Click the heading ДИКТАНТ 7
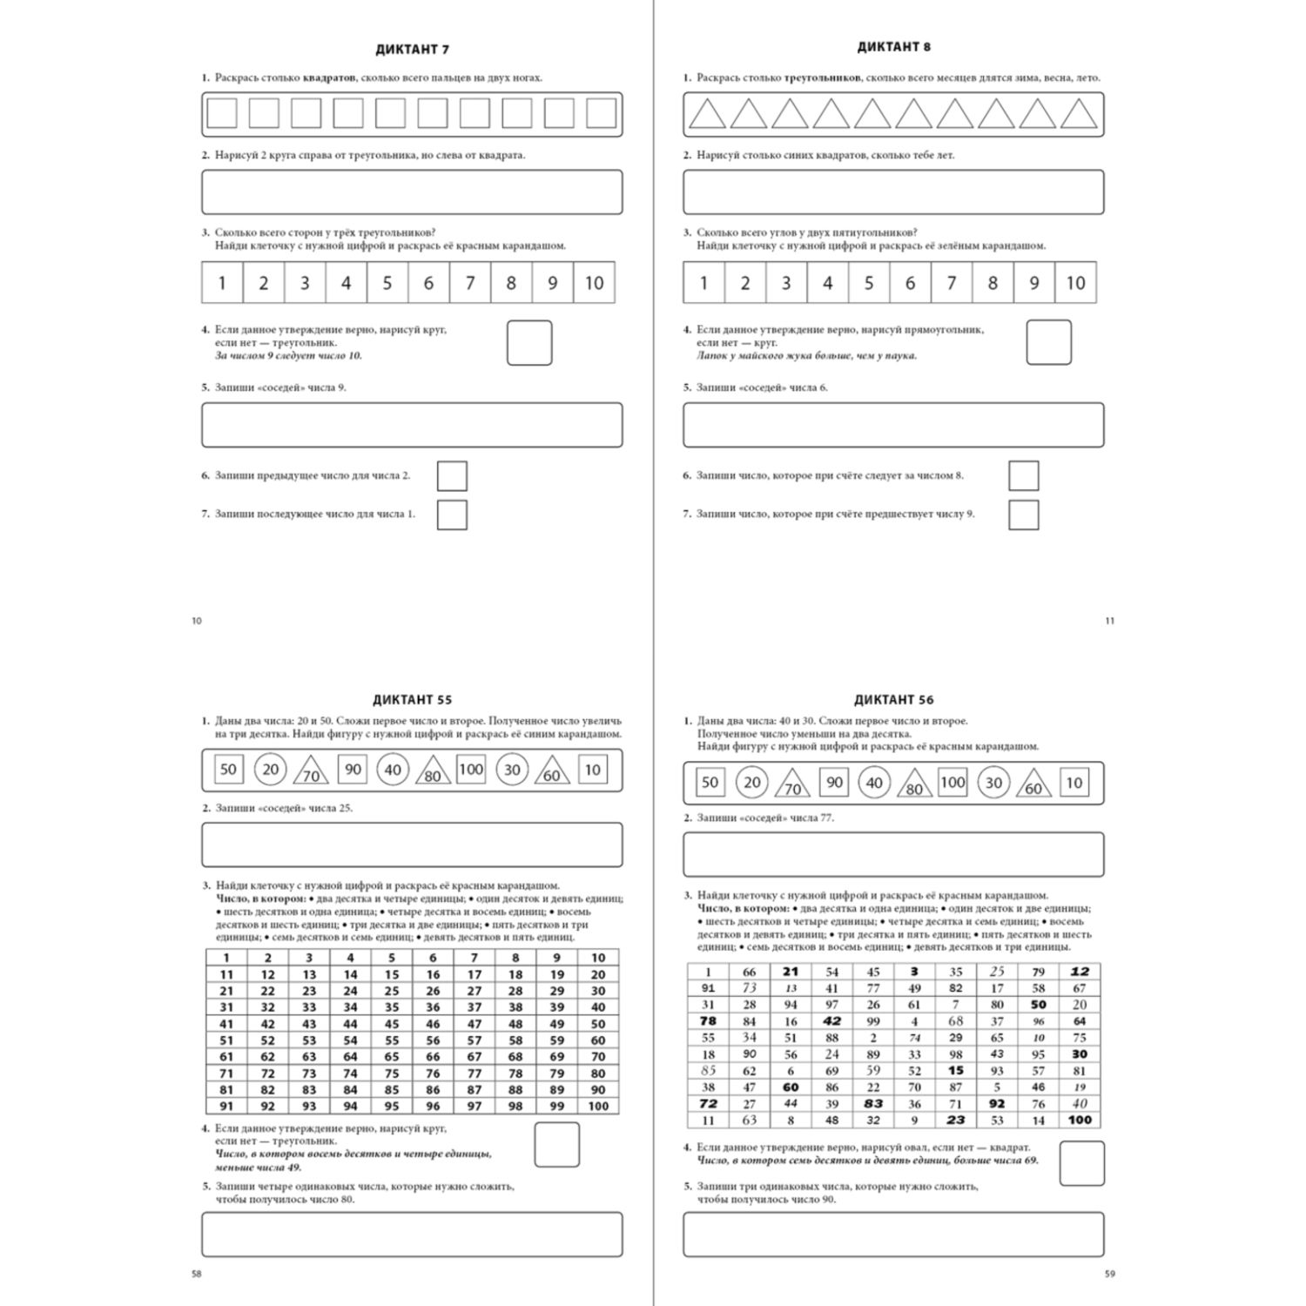click(412, 50)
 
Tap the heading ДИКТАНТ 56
click(893, 699)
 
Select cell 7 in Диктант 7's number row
click(470, 283)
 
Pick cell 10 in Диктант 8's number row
click(1075, 283)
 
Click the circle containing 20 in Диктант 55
click(271, 770)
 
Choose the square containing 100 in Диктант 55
click(470, 770)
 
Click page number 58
click(196, 1274)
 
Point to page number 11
click(1109, 621)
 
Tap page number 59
click(1109, 1274)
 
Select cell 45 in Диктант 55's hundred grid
click(392, 1024)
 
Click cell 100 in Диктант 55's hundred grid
click(598, 1107)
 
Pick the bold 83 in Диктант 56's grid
click(873, 1104)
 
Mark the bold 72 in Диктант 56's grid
click(708, 1104)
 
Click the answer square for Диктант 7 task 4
click(529, 343)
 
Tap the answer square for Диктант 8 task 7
click(1024, 515)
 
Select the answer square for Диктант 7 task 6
click(452, 476)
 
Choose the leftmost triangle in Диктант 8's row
click(707, 115)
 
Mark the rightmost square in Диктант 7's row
click(601, 114)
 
